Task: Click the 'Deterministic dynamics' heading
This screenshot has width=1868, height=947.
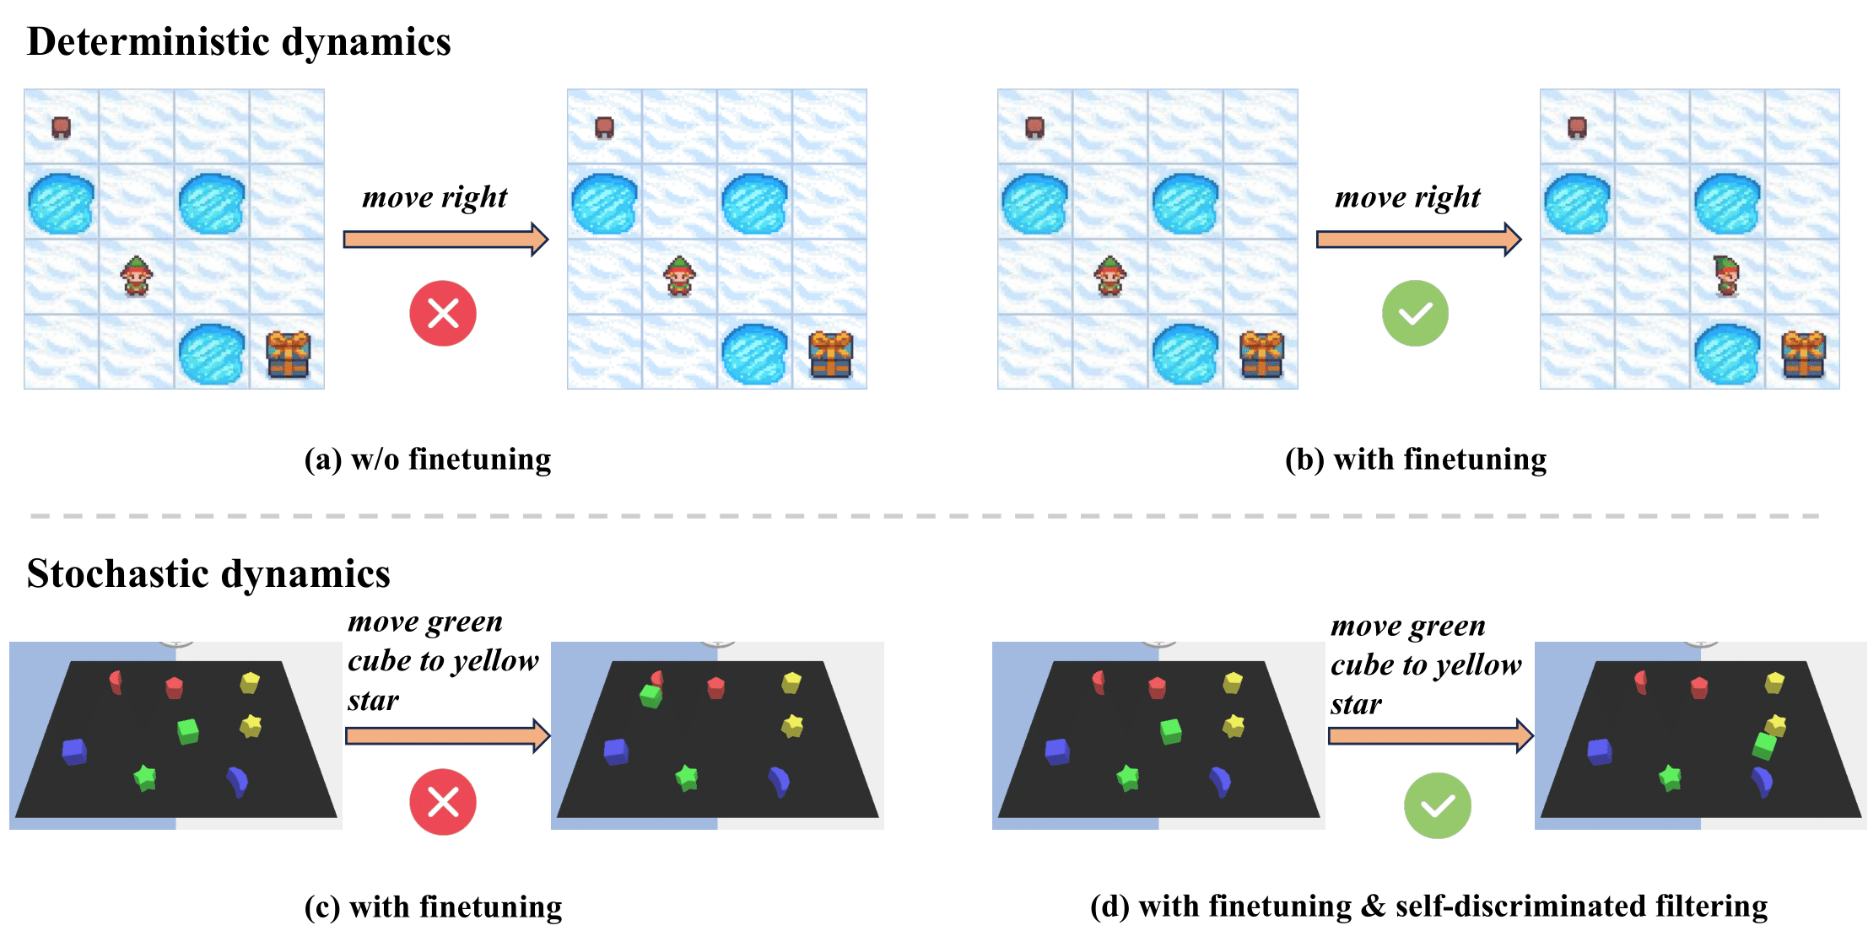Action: pyautogui.click(x=239, y=42)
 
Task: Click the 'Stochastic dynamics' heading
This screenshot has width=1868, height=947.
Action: pyautogui.click(x=208, y=574)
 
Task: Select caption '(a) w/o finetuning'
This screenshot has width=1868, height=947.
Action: pyautogui.click(x=428, y=460)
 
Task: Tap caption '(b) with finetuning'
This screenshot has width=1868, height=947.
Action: pyautogui.click(x=1416, y=460)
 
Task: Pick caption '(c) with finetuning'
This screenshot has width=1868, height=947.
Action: pyautogui.click(x=433, y=907)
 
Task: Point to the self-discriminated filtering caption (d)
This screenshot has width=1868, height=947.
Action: pyautogui.click(x=1428, y=907)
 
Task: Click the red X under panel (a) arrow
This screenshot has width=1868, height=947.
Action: pyautogui.click(x=443, y=314)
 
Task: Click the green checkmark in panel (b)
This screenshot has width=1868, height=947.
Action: pyautogui.click(x=1415, y=314)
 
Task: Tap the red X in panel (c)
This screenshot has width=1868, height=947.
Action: pyautogui.click(x=443, y=802)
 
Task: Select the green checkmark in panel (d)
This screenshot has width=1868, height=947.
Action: pyautogui.click(x=1437, y=806)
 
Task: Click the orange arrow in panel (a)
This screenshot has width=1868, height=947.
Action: pyautogui.click(x=445, y=239)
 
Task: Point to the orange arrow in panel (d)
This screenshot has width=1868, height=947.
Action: pyautogui.click(x=1430, y=735)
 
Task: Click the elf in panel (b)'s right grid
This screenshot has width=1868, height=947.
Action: pyautogui.click(x=1727, y=276)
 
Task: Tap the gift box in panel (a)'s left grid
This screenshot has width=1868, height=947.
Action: pyautogui.click(x=289, y=353)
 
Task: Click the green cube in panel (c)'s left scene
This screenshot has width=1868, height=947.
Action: pyautogui.click(x=188, y=730)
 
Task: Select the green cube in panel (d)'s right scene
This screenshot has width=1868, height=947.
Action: pyautogui.click(x=1764, y=745)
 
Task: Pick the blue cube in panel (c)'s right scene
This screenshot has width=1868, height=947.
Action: pyautogui.click(x=617, y=751)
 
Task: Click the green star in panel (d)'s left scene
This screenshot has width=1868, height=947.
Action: pyautogui.click(x=1128, y=777)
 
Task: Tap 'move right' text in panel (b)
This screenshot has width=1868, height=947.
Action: pyautogui.click(x=1407, y=197)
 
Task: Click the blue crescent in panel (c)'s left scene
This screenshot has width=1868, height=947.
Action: pyautogui.click(x=238, y=782)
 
